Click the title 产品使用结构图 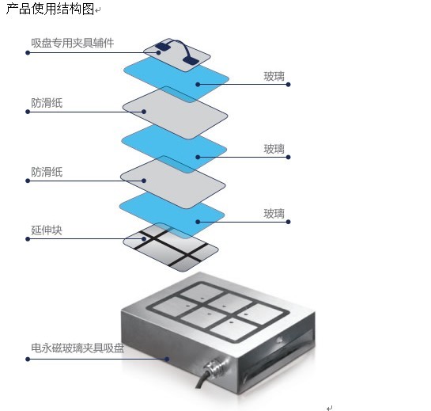point(50,9)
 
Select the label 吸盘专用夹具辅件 point(72,43)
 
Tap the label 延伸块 point(47,230)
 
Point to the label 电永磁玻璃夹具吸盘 point(78,348)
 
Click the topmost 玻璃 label point(274,76)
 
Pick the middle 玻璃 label point(274,149)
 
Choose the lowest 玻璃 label point(274,214)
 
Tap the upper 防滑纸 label point(47,103)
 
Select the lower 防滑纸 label point(47,173)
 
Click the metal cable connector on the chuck point(216,365)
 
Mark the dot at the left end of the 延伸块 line point(28,239)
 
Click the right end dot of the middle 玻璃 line point(288,157)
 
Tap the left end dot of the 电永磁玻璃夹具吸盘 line point(28,360)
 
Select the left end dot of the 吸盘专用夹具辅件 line point(28,52)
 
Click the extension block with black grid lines point(171,247)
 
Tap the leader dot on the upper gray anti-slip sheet point(144,112)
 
